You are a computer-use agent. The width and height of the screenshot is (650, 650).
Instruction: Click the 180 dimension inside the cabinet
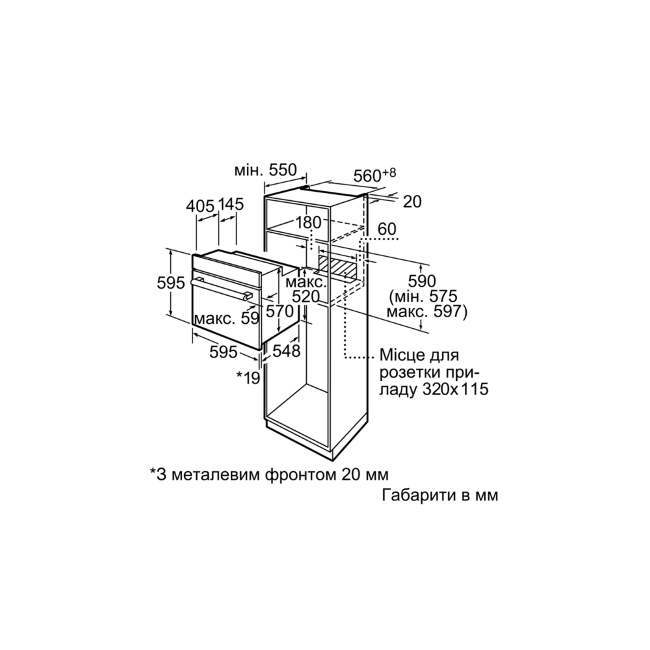point(308,222)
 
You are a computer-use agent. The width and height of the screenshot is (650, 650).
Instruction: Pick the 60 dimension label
point(386,229)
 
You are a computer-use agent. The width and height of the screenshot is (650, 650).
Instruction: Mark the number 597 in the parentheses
point(445,313)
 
